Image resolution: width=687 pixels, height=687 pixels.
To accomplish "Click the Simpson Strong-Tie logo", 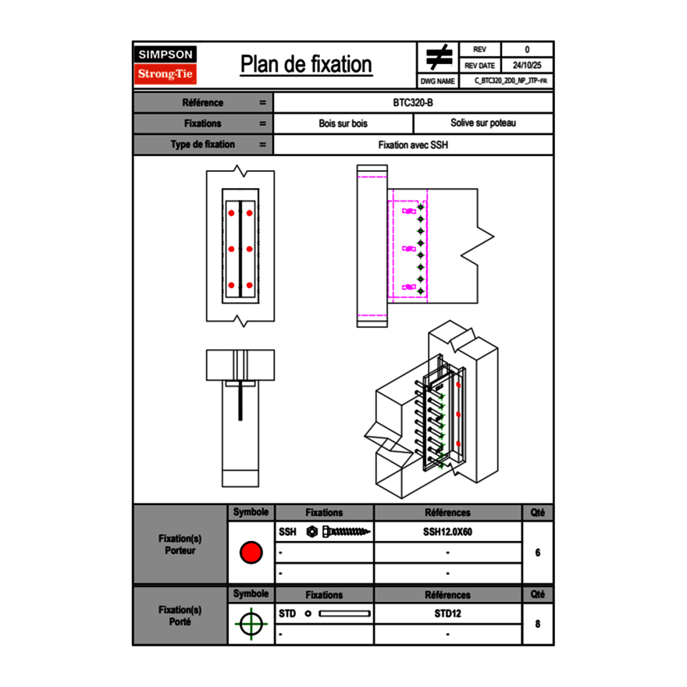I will (166, 65).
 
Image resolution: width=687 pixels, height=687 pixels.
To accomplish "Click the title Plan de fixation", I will (306, 64).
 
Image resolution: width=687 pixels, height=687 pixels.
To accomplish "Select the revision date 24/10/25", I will (527, 66).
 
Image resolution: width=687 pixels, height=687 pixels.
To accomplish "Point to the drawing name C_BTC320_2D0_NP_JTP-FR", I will (510, 80).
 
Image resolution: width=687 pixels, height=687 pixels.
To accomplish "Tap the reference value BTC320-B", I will (413, 102).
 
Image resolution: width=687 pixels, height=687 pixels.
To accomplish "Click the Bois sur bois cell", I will (343, 123).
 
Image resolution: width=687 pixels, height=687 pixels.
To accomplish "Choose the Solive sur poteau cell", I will (482, 123).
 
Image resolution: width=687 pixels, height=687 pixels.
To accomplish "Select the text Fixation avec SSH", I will (413, 144).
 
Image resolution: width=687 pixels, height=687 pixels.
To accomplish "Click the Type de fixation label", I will (203, 144).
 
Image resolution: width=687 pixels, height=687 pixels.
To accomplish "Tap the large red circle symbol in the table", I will (251, 553).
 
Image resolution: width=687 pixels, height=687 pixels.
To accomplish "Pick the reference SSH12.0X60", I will (447, 532).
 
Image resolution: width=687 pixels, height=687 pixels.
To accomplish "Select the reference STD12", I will (447, 614).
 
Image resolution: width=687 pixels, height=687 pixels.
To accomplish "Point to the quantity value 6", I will (537, 553).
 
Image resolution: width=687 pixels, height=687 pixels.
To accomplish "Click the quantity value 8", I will (537, 624).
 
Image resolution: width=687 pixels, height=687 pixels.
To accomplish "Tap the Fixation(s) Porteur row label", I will (180, 545).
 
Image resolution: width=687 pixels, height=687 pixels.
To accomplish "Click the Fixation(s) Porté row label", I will (180, 616).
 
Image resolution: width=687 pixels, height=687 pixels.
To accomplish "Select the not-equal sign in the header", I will (439, 57).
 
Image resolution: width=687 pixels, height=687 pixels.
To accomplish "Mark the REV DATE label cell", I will (482, 66).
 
